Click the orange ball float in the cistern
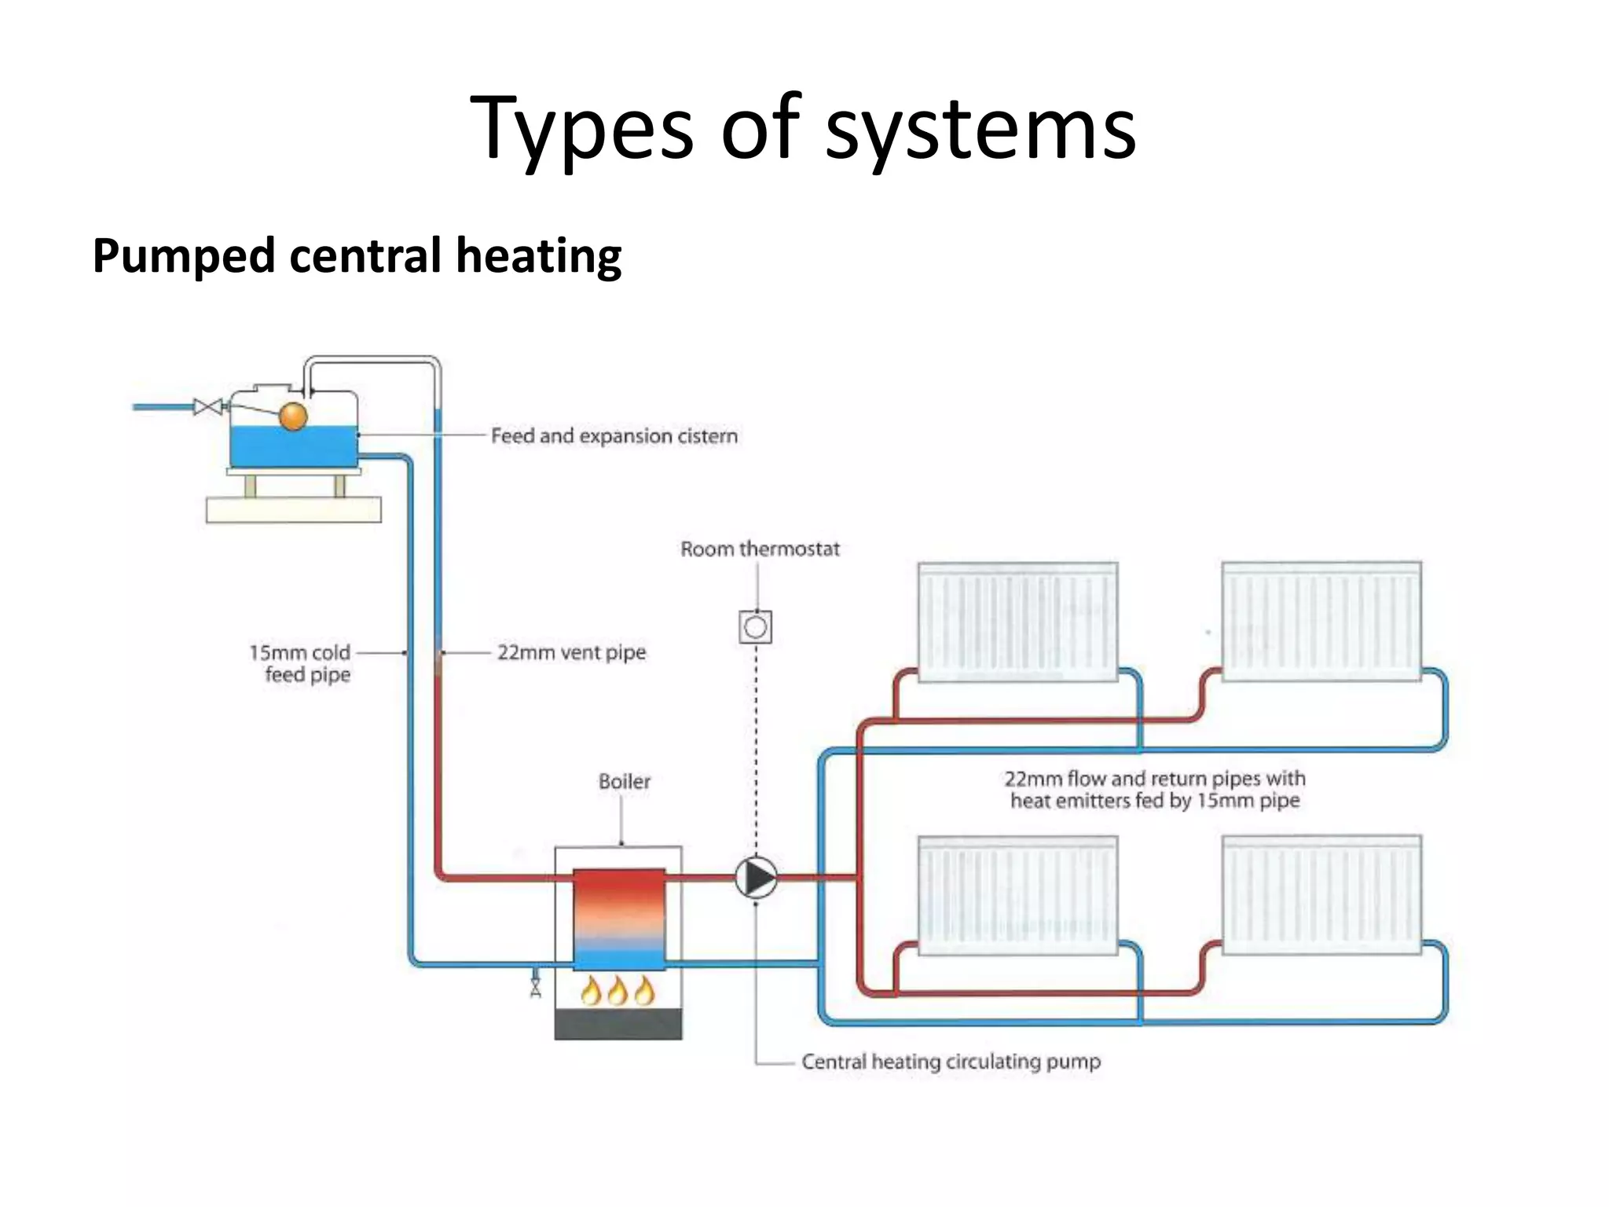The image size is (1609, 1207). point(293,416)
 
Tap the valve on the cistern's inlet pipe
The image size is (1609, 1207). point(207,407)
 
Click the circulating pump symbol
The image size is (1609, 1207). point(756,878)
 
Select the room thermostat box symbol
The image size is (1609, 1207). point(756,627)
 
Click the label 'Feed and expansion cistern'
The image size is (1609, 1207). point(614,436)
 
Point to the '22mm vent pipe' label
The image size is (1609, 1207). point(571,652)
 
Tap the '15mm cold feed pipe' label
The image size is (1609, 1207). point(301,663)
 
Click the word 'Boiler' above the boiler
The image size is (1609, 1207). point(625,781)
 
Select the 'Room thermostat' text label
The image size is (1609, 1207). point(760,548)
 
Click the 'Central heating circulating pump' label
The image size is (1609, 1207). point(951,1062)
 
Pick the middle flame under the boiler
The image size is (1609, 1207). point(618,992)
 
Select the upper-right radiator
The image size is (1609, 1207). point(1321,622)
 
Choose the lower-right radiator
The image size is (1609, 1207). point(1321,895)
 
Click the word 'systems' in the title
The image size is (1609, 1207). point(980,127)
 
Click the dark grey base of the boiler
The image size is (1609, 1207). point(618,1025)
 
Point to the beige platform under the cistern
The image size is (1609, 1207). point(293,510)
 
